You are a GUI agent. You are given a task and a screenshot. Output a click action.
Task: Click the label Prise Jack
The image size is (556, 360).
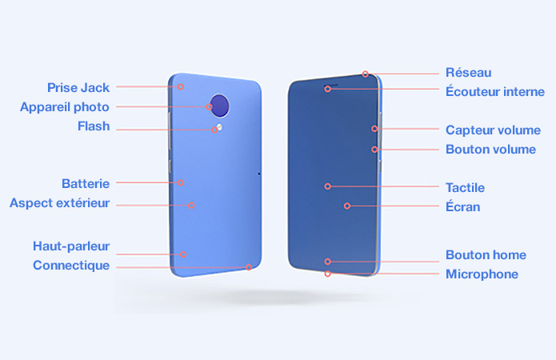(78, 88)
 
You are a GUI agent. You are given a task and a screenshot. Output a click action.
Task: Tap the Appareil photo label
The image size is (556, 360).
(65, 107)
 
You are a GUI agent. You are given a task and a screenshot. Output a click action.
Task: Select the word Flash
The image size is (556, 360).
(94, 126)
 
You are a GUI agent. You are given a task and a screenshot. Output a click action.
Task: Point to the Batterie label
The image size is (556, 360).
(86, 183)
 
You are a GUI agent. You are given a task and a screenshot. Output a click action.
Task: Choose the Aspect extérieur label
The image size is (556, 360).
(59, 203)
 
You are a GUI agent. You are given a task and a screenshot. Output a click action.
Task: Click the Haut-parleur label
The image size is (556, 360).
(71, 246)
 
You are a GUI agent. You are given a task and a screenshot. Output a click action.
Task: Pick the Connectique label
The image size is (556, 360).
(71, 266)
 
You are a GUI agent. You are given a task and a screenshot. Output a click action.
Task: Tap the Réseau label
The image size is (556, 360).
(469, 72)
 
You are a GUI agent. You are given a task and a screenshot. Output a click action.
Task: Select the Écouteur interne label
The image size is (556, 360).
(495, 91)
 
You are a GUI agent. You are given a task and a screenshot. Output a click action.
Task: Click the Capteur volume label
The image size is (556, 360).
(493, 130)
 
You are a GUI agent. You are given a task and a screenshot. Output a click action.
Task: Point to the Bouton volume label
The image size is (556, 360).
(490, 150)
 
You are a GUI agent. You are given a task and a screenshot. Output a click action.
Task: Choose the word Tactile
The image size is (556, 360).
(465, 188)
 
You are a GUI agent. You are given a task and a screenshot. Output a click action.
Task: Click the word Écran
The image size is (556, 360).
(462, 206)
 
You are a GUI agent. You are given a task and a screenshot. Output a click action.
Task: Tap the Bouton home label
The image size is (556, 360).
(486, 254)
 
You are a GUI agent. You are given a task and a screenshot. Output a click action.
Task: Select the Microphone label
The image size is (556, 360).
(482, 274)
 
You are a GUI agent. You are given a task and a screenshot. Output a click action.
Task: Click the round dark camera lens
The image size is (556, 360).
(219, 106)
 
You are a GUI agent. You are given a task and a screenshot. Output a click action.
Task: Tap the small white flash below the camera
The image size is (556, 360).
(219, 127)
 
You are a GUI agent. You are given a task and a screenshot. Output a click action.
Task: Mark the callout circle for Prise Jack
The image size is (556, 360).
(181, 86)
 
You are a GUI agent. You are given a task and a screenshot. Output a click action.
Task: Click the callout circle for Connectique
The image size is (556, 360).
(249, 267)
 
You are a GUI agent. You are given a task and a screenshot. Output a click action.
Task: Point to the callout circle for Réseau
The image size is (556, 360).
(366, 74)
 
